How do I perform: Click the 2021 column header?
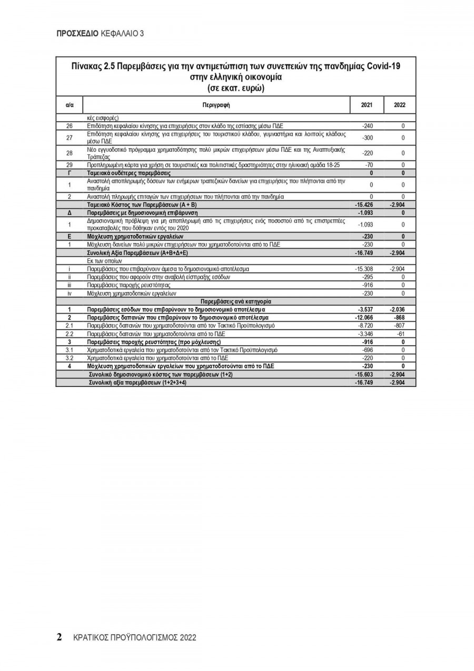coord(367,104)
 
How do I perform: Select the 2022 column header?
coord(400,104)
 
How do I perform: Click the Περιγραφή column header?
coord(216,104)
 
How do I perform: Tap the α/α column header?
coord(69,104)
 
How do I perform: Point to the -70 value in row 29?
coord(369,166)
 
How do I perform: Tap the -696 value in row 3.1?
coord(368,350)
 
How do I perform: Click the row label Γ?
coord(69,173)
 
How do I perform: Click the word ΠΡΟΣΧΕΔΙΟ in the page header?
coord(77,33)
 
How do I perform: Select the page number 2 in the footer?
coord(60,637)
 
